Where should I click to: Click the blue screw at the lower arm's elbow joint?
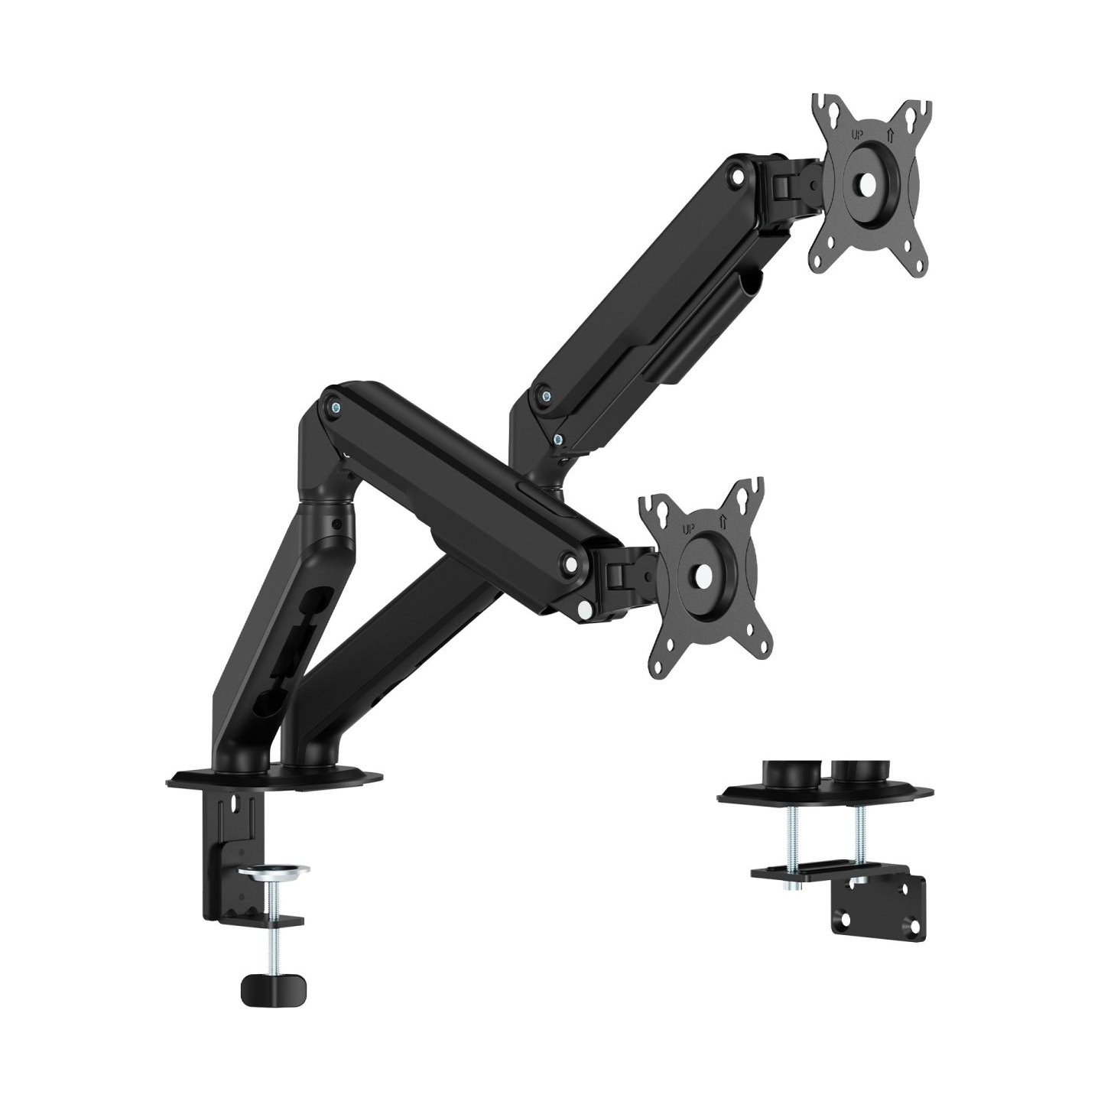click(336, 408)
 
